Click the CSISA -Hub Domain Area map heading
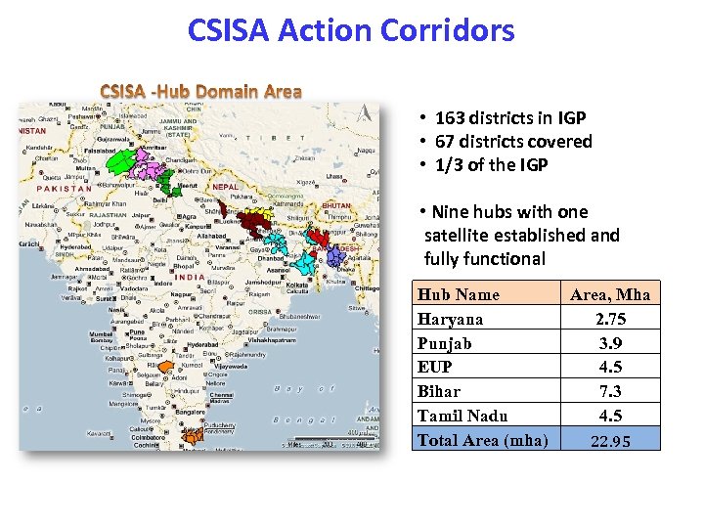(201, 92)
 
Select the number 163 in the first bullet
(450, 118)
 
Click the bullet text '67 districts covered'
(513, 142)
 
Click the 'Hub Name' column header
(458, 294)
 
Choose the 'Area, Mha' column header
(610, 294)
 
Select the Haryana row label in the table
(450, 319)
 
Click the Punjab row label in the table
(445, 343)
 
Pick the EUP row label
(435, 368)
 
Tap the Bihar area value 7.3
(610, 391)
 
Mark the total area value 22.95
(610, 441)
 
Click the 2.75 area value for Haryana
(610, 319)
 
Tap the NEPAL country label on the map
(225, 187)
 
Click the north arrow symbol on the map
(366, 112)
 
